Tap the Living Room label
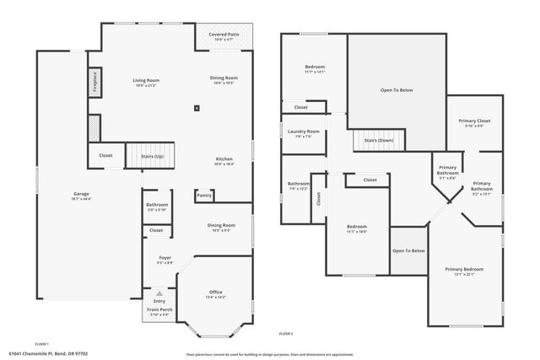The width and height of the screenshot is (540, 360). [146, 80]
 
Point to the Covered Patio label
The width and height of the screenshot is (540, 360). [224, 35]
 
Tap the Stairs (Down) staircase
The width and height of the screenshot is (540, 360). [378, 140]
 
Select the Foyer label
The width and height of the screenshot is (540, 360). [165, 258]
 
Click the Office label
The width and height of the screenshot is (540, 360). [216, 292]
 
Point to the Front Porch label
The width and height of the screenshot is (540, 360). [159, 310]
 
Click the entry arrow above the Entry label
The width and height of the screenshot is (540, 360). [159, 293]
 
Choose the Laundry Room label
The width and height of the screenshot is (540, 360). [303, 132]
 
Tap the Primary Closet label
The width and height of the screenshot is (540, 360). [474, 121]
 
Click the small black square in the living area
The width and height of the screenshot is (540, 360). [197, 107]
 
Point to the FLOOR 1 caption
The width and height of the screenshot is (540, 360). [41, 344]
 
